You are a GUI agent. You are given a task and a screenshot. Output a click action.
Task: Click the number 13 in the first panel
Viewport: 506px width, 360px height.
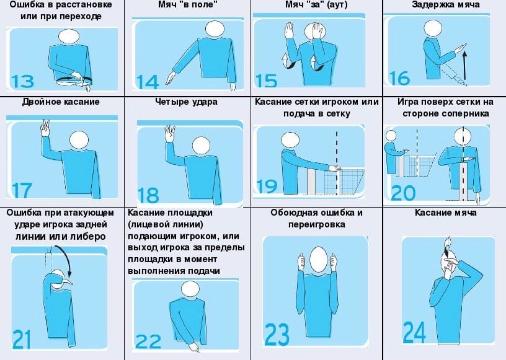pyautogui.click(x=22, y=82)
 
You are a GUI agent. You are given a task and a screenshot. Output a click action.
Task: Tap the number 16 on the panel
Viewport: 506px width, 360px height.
pyautogui.click(x=399, y=79)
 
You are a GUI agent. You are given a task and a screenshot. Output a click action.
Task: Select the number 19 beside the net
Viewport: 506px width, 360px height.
pyautogui.click(x=267, y=187)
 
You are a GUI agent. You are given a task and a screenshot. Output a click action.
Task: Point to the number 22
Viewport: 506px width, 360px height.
pyautogui.click(x=148, y=341)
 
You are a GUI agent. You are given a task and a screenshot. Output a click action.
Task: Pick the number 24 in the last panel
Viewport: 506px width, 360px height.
pyautogui.click(x=414, y=333)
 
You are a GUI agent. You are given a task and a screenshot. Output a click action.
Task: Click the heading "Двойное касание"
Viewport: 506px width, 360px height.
pyautogui.click(x=61, y=102)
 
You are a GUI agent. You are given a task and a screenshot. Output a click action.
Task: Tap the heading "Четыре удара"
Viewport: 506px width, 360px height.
pyautogui.click(x=186, y=102)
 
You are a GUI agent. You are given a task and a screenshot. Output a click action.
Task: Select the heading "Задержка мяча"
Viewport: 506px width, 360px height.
pyautogui.click(x=446, y=4)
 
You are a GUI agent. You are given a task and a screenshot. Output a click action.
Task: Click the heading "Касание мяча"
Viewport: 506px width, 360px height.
pyautogui.click(x=445, y=213)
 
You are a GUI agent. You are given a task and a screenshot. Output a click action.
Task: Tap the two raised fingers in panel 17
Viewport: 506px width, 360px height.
pyautogui.click(x=45, y=128)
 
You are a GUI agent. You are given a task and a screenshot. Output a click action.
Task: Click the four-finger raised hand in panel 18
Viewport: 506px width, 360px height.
pyautogui.click(x=170, y=133)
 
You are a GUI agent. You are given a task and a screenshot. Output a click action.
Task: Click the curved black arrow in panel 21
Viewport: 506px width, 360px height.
pyautogui.click(x=65, y=260)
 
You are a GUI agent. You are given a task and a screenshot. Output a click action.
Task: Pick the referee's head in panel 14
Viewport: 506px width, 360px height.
pyautogui.click(x=215, y=29)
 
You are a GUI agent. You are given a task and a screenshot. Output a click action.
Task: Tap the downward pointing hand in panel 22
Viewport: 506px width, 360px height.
pyautogui.click(x=194, y=347)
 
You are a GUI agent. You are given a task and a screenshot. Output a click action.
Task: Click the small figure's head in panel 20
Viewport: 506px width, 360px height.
pyautogui.click(x=391, y=136)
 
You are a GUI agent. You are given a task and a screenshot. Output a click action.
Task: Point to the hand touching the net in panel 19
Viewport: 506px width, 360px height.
pyautogui.click(x=334, y=168)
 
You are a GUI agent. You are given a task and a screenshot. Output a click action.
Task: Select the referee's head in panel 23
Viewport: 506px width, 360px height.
pyautogui.click(x=319, y=260)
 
